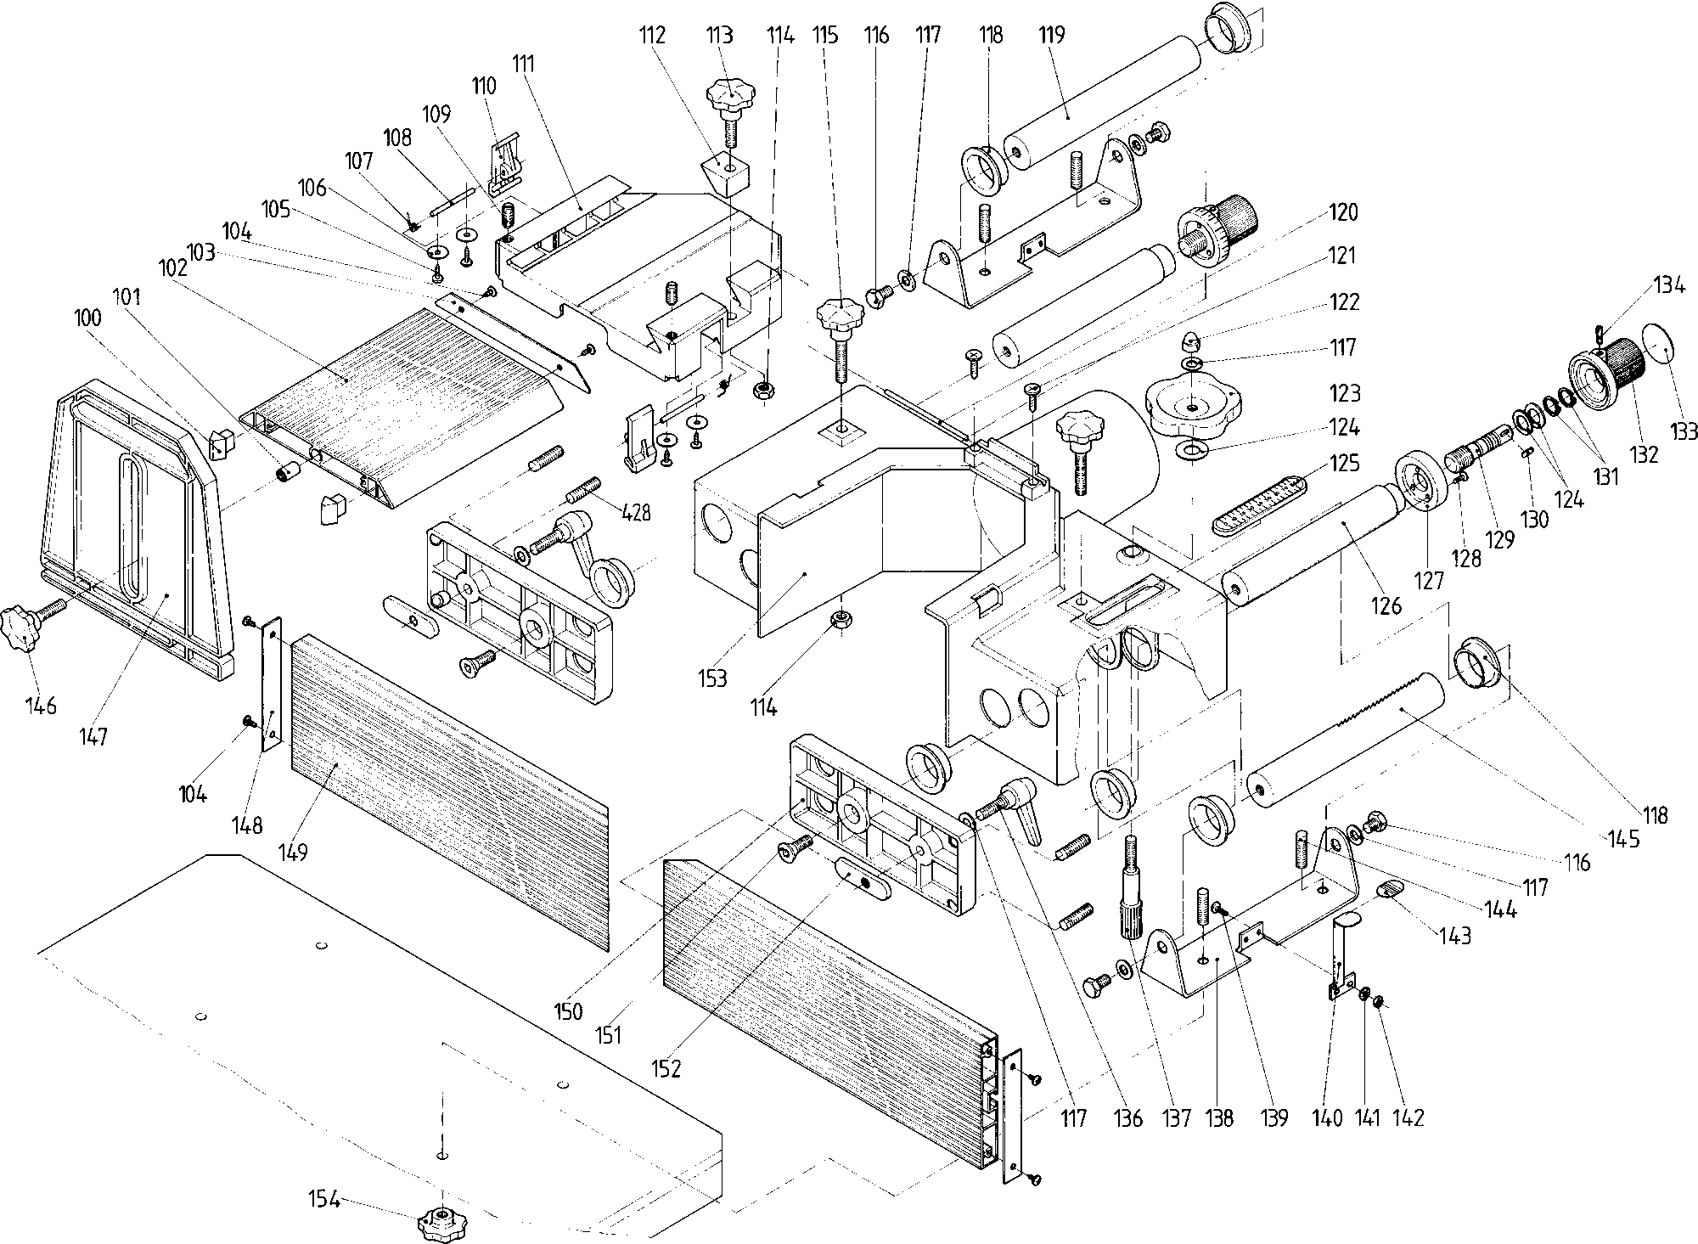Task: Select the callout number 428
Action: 636,512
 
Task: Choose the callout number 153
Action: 713,678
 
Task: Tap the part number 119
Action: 1050,35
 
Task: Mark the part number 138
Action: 1220,1117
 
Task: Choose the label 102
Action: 172,268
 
